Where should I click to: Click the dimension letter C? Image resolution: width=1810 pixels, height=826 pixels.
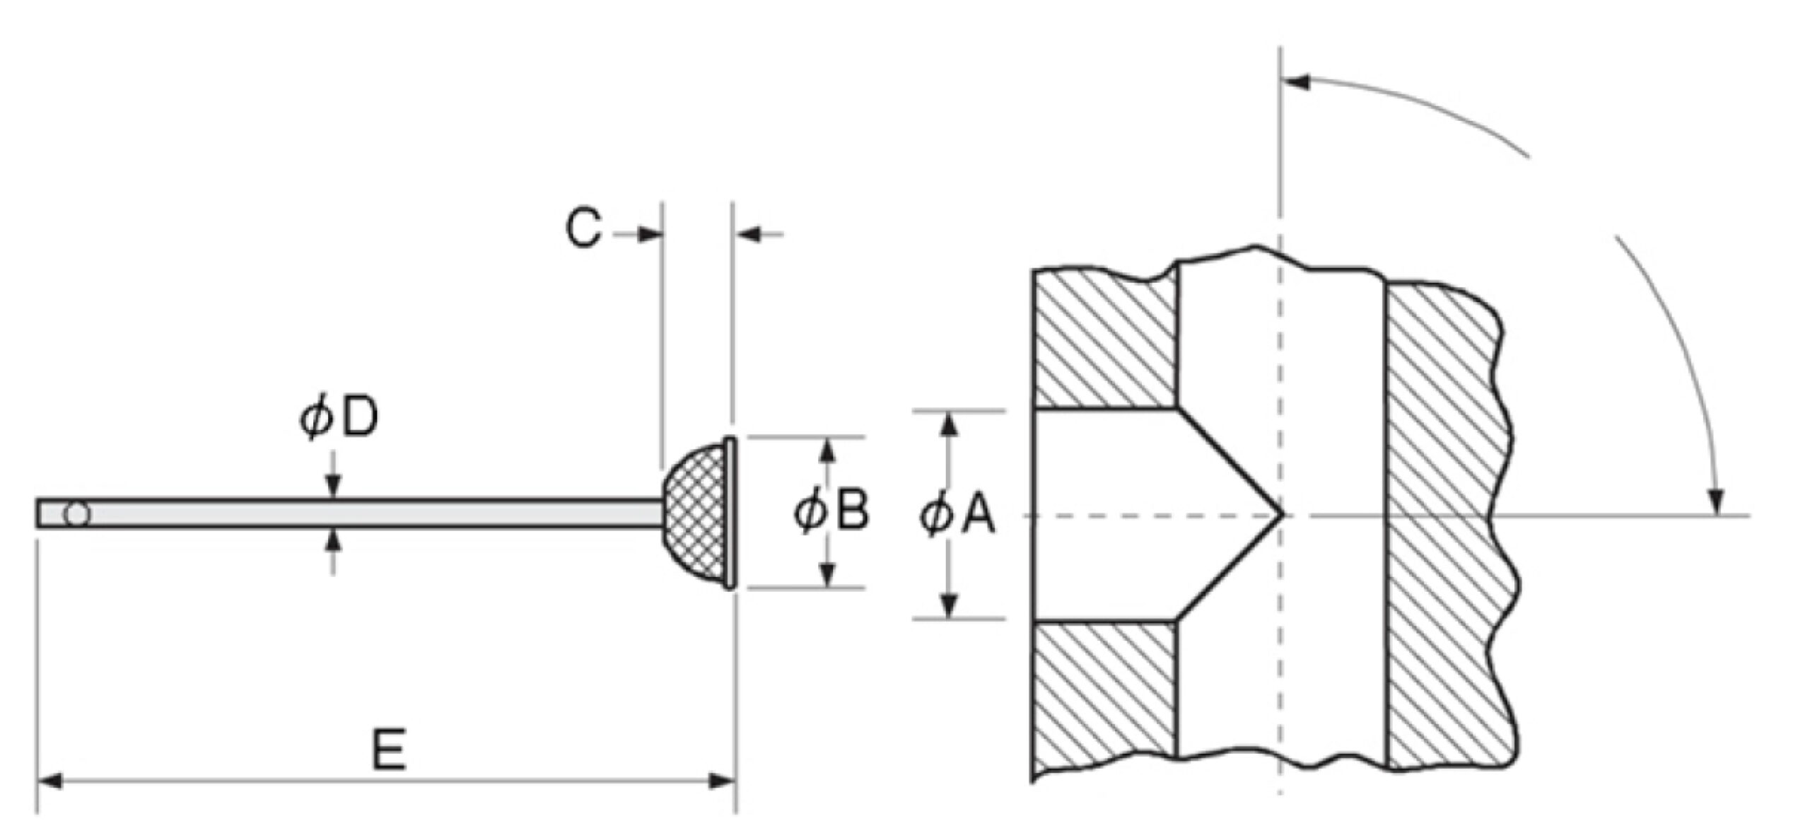[x=584, y=228]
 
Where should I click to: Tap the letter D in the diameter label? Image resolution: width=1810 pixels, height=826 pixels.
[x=360, y=420]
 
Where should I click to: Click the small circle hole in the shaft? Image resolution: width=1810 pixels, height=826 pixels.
[x=76, y=514]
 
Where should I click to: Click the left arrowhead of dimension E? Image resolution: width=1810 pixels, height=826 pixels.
[x=50, y=781]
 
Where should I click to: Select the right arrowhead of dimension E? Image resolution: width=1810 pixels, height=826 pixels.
[x=722, y=781]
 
